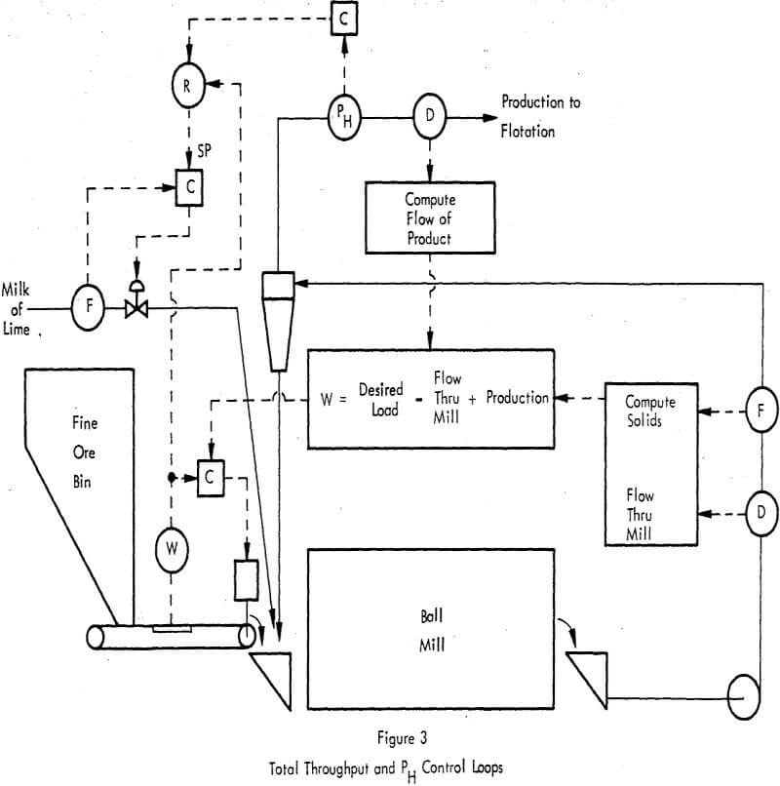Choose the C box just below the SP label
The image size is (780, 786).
(x=189, y=186)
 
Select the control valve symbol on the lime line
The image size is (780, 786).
(x=136, y=300)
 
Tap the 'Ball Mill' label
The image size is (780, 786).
(x=430, y=628)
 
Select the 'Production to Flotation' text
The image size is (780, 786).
(x=540, y=115)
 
